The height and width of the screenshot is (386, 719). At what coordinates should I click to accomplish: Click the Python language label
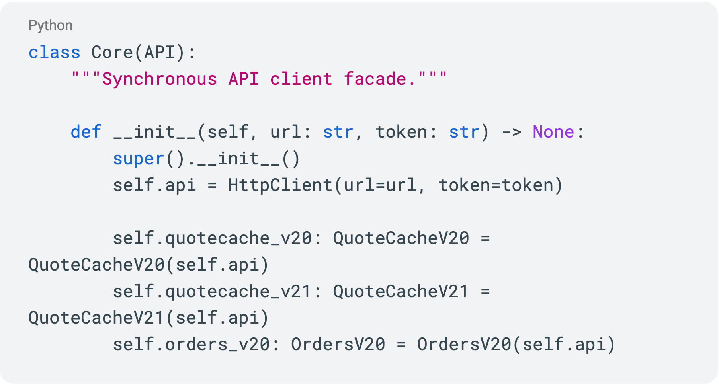[x=51, y=25]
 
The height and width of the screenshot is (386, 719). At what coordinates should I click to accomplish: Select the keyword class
[x=55, y=53]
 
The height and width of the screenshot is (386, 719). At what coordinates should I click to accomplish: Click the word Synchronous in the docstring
[x=160, y=79]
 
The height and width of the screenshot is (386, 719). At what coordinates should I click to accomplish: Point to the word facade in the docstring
[x=375, y=79]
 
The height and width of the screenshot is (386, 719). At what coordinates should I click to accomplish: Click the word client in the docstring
[x=301, y=79]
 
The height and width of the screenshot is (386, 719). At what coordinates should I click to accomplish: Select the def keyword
[x=86, y=132]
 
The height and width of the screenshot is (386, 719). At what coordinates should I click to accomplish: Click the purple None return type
[x=553, y=132]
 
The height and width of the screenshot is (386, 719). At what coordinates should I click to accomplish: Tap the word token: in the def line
[x=406, y=132]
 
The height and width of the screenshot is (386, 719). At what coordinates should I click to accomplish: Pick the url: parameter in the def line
[x=291, y=132]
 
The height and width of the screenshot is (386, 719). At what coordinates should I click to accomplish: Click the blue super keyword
[x=139, y=159]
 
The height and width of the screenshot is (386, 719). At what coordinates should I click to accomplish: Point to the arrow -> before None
[x=512, y=132]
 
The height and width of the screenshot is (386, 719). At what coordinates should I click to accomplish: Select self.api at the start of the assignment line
[x=154, y=185]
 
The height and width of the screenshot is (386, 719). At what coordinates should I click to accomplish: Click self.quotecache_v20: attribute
[x=217, y=238]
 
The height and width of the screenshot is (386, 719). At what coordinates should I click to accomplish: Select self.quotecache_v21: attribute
[x=217, y=291]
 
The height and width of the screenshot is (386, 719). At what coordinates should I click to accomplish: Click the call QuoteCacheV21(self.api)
[x=149, y=318]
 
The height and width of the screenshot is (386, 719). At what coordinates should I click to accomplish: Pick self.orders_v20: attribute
[x=196, y=344]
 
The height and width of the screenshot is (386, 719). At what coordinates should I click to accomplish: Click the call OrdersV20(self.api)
[x=516, y=344]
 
